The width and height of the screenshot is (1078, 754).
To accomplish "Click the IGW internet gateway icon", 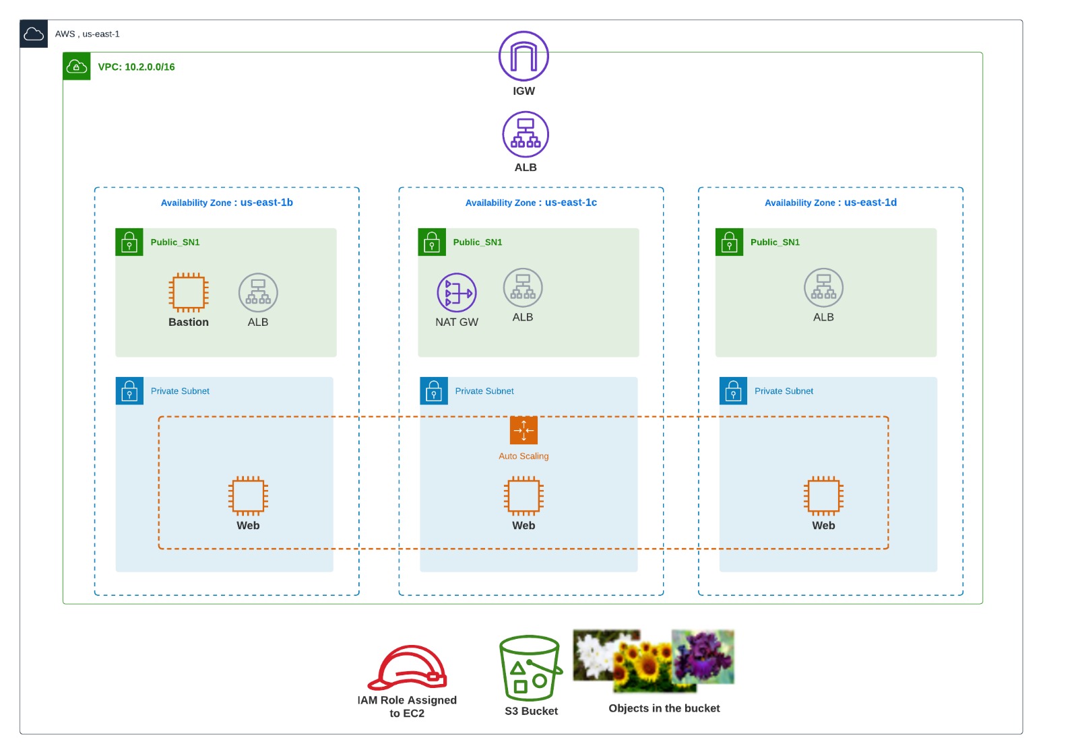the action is (x=524, y=57).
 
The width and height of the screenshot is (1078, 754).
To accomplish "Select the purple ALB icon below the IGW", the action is (x=526, y=134).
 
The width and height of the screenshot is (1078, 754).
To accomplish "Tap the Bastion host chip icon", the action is (x=189, y=292).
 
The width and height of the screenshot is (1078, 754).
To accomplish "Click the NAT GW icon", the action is (x=457, y=292).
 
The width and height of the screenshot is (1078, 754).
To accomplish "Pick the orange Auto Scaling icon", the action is (x=524, y=430).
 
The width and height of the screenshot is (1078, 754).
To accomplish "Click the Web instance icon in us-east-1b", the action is (x=249, y=495).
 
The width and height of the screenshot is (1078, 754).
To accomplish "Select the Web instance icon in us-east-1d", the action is (x=823, y=495).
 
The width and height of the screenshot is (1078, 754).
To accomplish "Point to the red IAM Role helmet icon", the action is (x=408, y=667).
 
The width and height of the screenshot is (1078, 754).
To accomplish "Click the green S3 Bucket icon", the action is (x=530, y=668).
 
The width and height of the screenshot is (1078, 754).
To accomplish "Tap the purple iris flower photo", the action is (x=703, y=656).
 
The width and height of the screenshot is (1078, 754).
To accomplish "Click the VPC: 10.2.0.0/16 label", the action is (x=136, y=67).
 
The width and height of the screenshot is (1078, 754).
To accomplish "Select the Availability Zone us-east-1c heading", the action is (x=531, y=203).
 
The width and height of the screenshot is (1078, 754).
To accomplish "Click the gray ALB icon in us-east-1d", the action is (x=823, y=287).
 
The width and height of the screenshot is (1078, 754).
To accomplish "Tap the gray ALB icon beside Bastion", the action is (x=258, y=292).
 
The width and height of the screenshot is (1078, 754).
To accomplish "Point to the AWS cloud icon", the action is (x=34, y=34).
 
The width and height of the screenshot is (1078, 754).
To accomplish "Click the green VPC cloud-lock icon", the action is (x=77, y=66).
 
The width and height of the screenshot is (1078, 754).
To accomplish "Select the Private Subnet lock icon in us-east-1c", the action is (x=434, y=390).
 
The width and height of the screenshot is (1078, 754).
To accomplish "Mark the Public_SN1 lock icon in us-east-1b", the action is (x=129, y=242).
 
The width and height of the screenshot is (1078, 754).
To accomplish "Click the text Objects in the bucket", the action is (x=664, y=708).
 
